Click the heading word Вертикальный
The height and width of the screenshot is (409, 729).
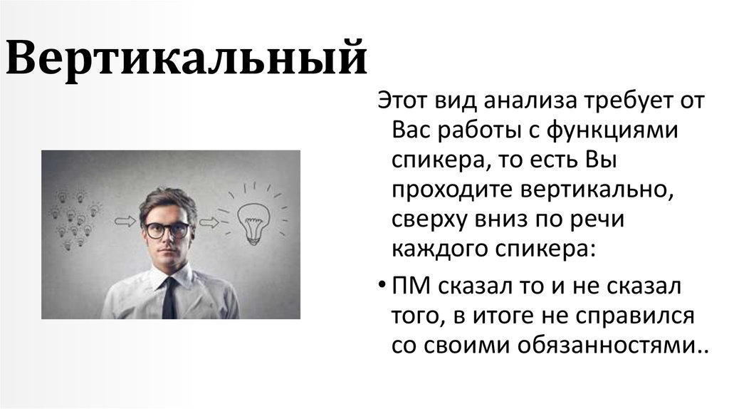(x=186, y=60)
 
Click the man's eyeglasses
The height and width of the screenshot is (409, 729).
(x=168, y=229)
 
